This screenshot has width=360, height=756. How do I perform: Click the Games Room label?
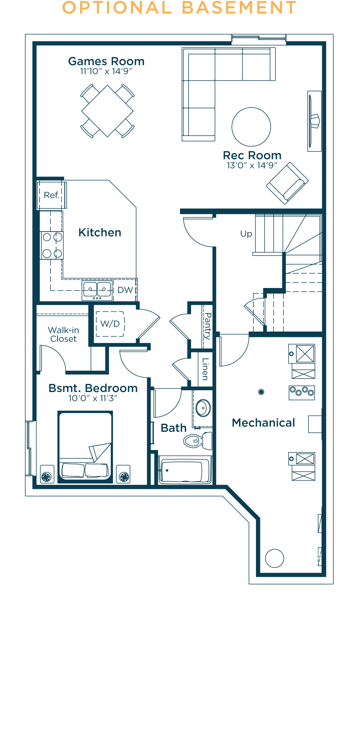[106, 62]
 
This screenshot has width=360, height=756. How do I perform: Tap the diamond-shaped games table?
[107, 111]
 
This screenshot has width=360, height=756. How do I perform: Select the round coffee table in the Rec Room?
[251, 127]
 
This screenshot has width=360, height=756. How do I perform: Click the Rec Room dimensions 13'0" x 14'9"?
[252, 165]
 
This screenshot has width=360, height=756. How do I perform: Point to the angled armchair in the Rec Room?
[287, 183]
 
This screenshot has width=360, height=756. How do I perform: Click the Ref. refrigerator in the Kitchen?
[52, 195]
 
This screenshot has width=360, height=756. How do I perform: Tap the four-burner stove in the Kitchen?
[52, 246]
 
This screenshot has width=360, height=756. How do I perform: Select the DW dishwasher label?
[125, 290]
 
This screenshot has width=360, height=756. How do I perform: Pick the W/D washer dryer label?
[110, 324]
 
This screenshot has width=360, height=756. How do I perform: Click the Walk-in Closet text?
[63, 334]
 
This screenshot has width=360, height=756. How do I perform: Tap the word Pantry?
[207, 326]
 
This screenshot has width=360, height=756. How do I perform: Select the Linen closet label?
[205, 369]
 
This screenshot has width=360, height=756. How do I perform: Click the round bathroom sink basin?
[203, 408]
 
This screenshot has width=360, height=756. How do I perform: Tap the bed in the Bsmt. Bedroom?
[85, 447]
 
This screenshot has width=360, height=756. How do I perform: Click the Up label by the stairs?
[246, 234]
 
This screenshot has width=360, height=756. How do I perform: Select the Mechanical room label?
[264, 423]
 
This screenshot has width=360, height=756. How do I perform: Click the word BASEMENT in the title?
[239, 8]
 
